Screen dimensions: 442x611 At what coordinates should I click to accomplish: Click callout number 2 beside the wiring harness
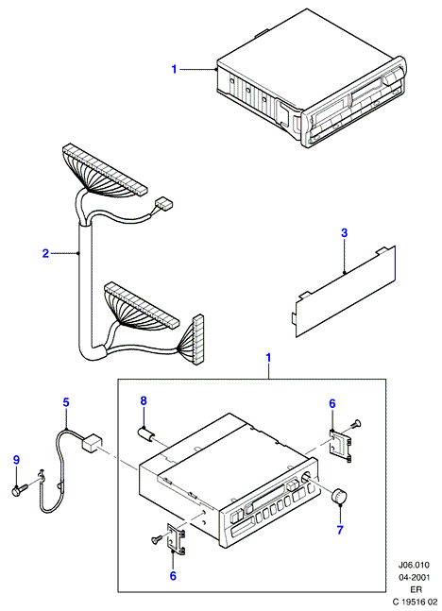point(45,254)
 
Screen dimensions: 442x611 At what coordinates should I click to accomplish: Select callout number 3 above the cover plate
point(344,233)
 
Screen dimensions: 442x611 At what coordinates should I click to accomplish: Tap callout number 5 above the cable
point(66,402)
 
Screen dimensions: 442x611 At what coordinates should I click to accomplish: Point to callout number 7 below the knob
point(340,530)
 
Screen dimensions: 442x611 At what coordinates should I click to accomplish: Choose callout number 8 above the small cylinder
point(144,400)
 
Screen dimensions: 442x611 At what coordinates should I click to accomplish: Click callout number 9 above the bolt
point(16,460)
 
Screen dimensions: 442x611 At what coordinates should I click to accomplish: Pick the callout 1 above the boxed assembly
point(268,358)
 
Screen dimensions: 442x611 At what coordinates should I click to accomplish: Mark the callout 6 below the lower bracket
point(173,576)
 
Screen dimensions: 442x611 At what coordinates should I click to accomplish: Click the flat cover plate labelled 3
point(344,291)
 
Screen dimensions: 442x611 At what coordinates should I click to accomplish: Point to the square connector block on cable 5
point(92,444)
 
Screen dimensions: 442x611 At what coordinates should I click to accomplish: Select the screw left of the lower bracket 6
point(156,539)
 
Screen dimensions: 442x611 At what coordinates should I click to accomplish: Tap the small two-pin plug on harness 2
point(164,204)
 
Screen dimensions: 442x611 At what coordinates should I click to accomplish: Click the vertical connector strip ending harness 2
point(198,339)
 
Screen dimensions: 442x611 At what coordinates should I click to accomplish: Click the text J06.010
point(414,565)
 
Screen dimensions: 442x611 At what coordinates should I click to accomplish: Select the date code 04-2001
point(414,578)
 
